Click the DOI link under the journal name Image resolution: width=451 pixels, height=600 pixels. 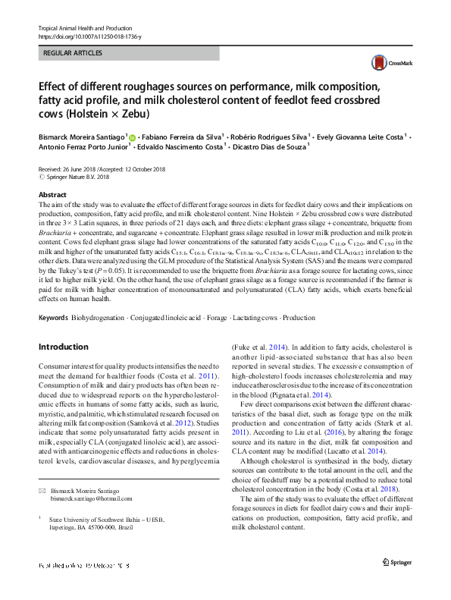(89, 36)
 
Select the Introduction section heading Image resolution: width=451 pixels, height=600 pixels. (63, 347)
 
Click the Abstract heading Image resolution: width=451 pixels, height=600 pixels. (52, 195)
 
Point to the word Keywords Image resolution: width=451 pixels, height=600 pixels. (53, 316)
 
